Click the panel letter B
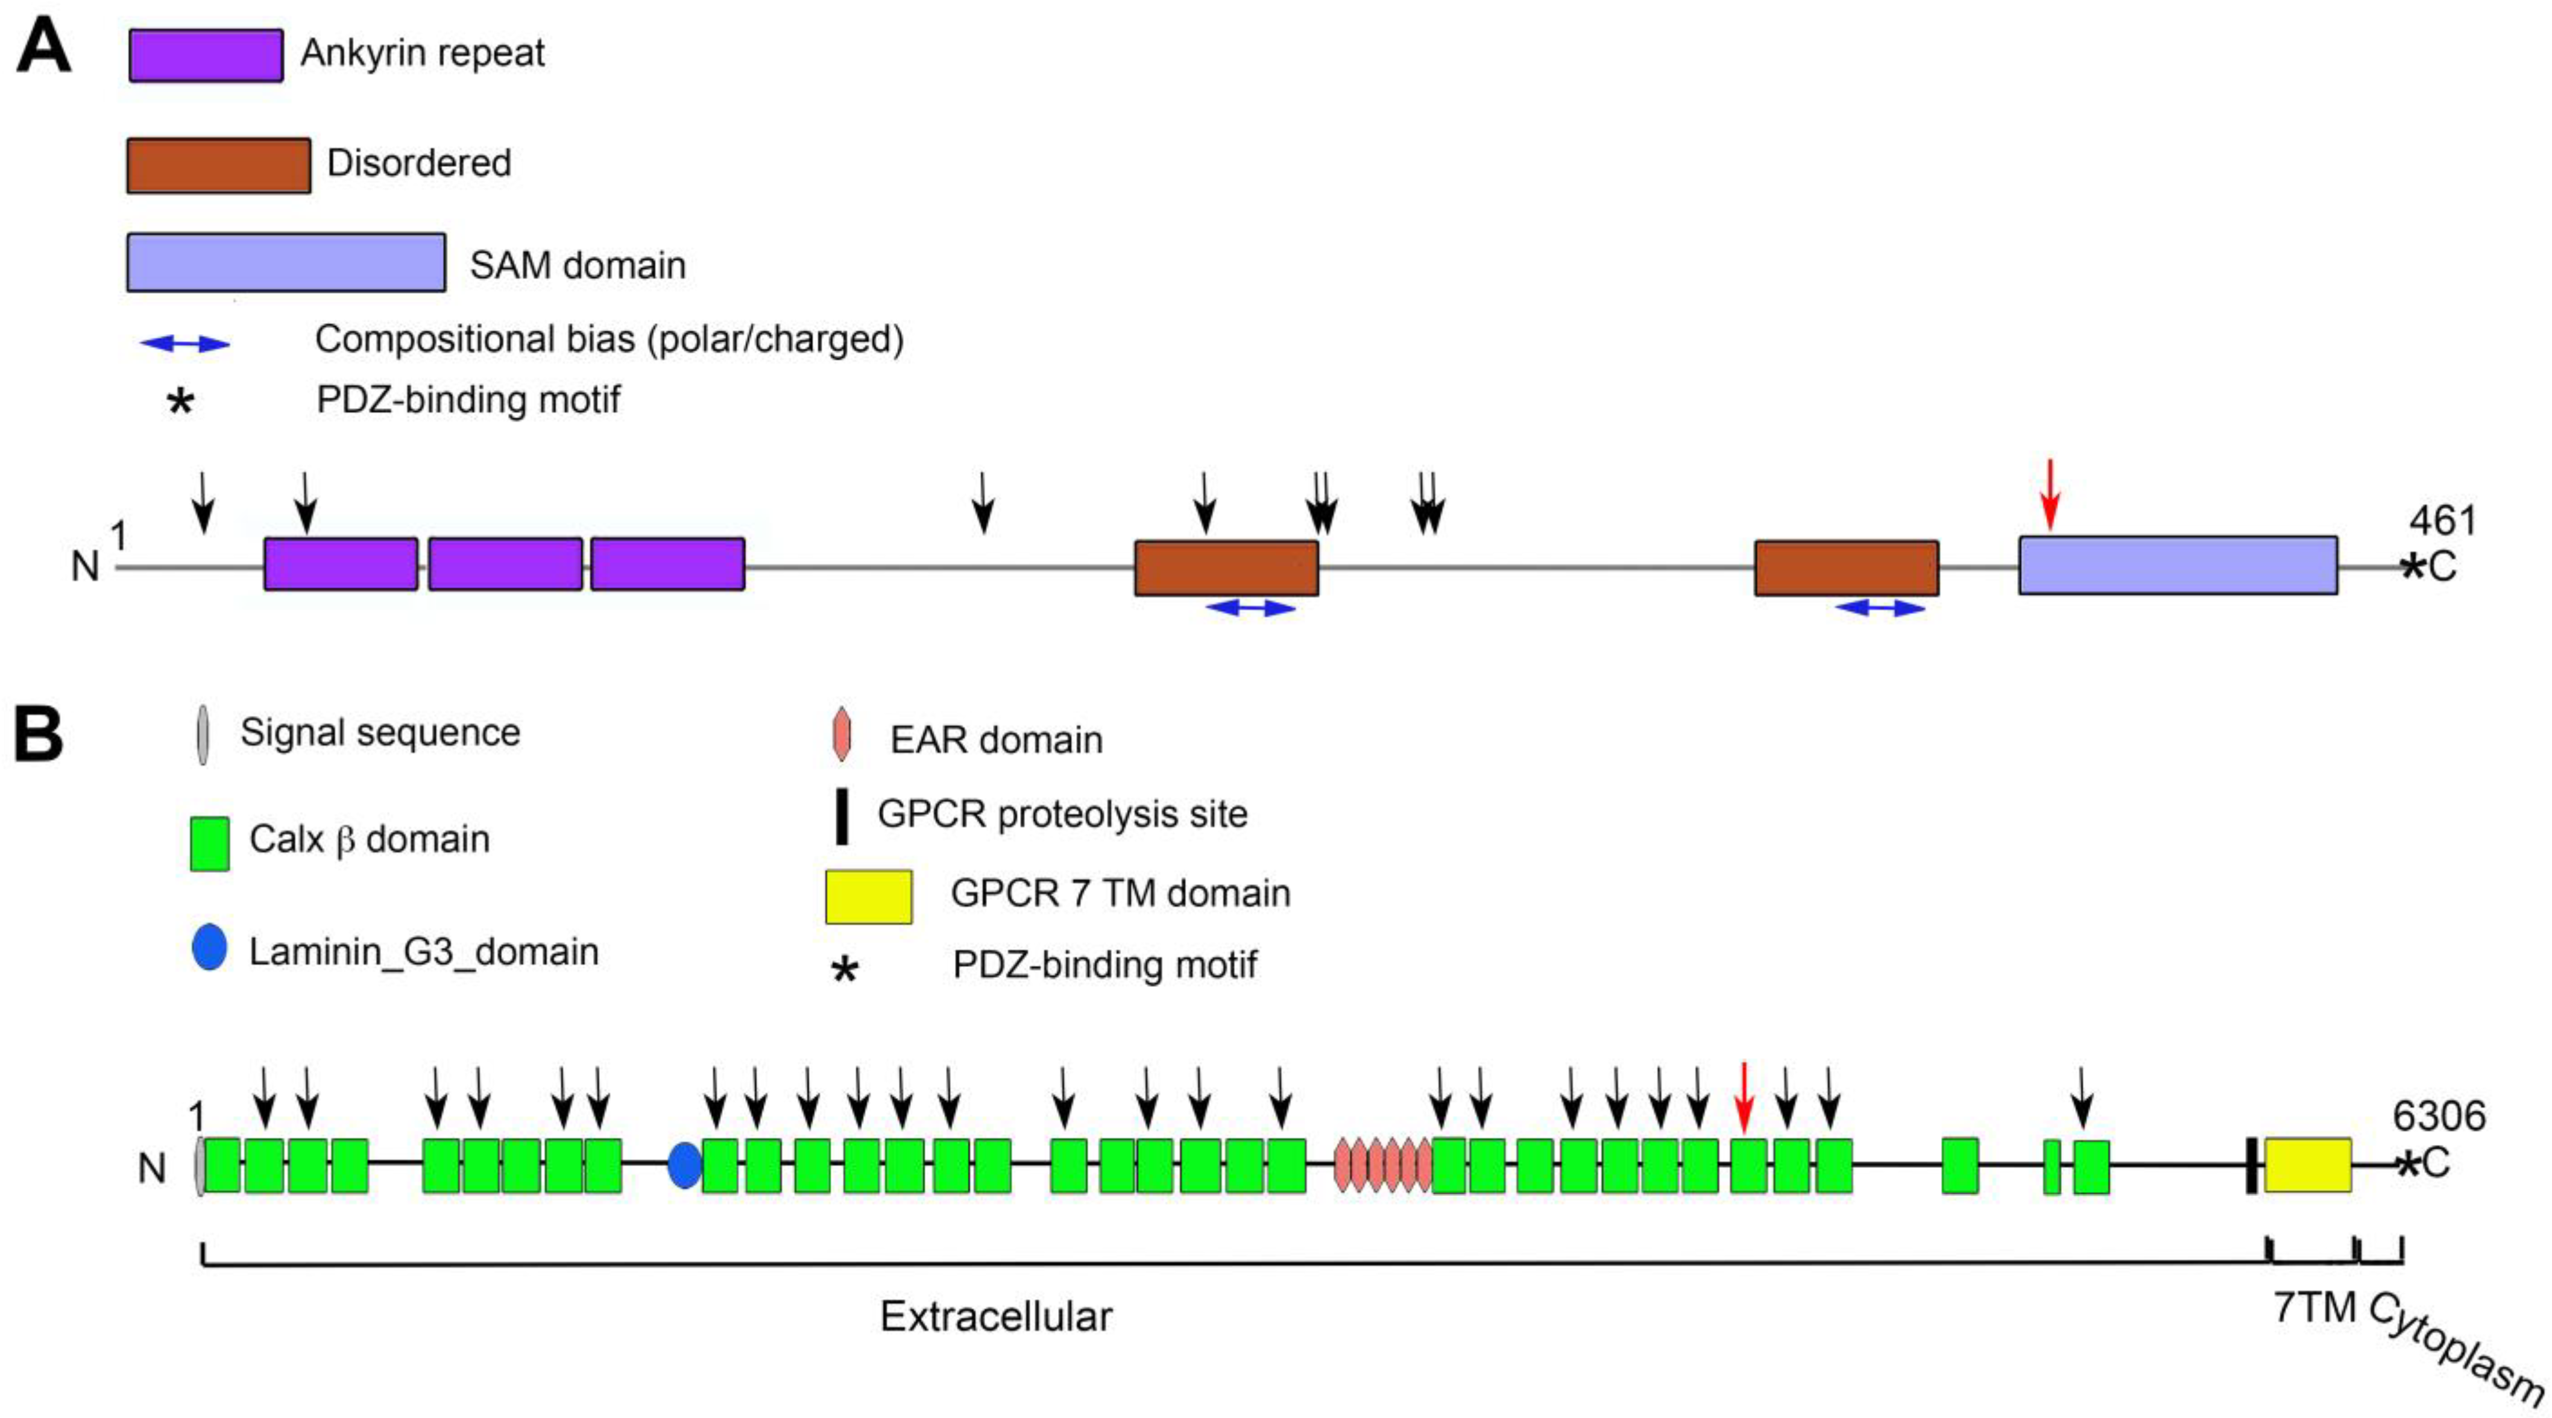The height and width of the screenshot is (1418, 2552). point(40,736)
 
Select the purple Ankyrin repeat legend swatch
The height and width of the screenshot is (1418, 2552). point(206,55)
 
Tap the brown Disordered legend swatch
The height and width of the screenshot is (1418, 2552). point(218,165)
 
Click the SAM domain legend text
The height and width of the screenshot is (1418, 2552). point(578,265)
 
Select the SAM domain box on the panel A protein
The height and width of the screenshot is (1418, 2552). point(2178,565)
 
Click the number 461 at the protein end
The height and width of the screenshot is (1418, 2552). point(2442,520)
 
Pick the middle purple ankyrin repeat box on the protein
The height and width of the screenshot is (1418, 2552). point(505,564)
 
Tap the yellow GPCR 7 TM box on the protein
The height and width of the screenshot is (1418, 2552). point(2307,1164)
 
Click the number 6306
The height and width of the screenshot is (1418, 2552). point(2438,1116)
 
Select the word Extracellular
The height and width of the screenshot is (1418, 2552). point(995,1316)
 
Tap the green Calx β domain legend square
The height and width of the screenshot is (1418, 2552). point(210,843)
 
